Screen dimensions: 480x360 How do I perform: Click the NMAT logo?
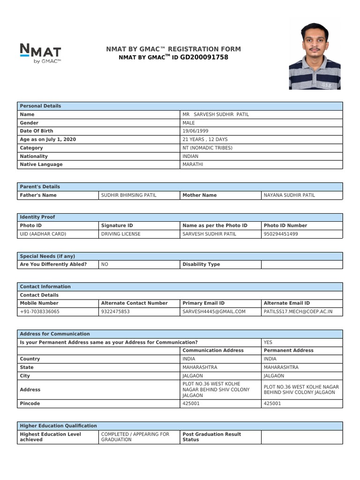tap(40, 52)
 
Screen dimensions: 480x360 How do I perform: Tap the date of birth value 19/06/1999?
tap(196, 131)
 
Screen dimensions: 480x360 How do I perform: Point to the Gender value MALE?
tap(188, 123)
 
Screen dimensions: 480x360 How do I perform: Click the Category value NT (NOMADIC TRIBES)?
tap(207, 148)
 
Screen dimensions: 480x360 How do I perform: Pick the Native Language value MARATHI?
tap(193, 165)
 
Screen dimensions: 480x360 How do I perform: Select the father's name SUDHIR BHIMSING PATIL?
tap(129, 195)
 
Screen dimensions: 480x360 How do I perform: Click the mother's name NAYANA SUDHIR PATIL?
tap(289, 195)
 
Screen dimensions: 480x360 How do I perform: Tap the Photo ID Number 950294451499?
tap(281, 234)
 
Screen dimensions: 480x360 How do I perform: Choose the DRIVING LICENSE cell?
tap(120, 234)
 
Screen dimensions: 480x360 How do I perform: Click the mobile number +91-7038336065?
tap(40, 312)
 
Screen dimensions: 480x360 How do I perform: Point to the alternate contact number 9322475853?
tap(115, 312)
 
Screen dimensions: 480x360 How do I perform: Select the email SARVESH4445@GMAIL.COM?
tap(214, 312)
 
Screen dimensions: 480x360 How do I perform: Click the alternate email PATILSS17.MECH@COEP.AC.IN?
tap(298, 312)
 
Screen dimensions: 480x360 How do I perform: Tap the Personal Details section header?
tap(40, 106)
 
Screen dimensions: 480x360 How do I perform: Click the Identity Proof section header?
tap(37, 217)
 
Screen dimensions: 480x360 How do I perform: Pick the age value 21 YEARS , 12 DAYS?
tap(205, 140)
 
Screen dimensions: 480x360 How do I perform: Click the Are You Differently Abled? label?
tap(53, 264)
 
